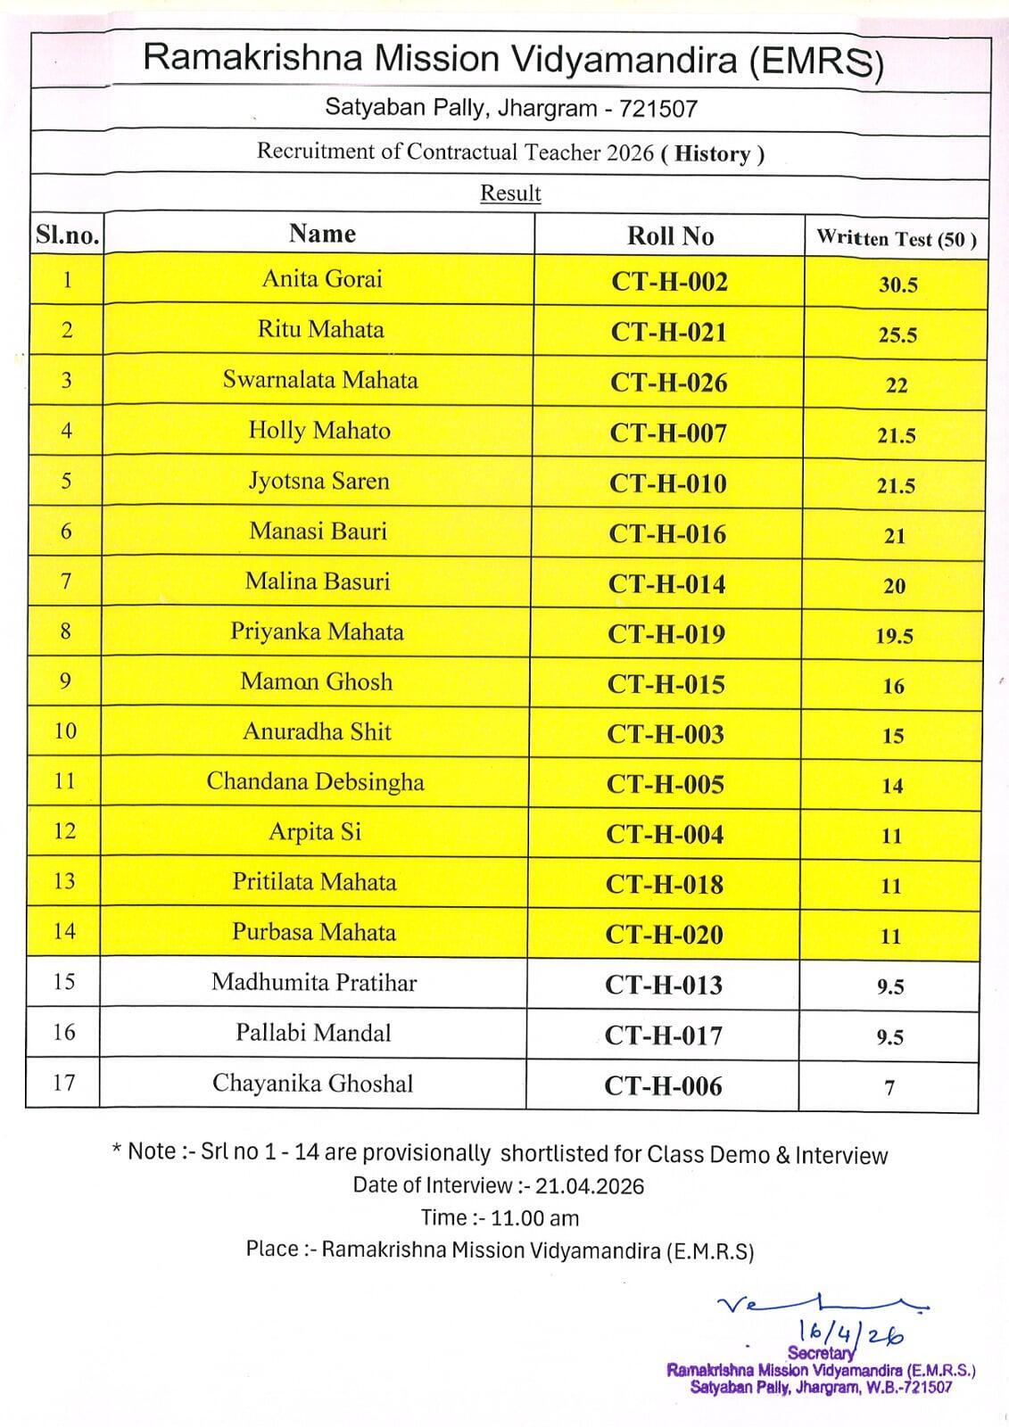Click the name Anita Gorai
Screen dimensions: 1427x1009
322,279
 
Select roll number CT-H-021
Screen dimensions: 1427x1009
669,333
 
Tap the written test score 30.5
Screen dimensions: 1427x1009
897,285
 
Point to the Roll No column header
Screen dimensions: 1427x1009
670,236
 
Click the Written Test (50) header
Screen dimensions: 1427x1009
896,239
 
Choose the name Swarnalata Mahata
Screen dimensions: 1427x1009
320,381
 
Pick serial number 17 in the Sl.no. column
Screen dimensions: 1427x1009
64,1083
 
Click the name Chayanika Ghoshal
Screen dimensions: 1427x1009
313,1084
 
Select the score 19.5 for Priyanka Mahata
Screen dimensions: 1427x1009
894,637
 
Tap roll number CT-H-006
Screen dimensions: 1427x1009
663,1086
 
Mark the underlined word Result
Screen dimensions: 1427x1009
510,194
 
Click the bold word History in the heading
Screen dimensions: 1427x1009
712,153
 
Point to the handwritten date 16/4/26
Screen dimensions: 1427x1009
852,1333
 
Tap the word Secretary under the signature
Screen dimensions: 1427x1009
821,1353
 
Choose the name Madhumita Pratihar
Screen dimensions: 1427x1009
314,983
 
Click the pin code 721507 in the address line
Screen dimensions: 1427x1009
658,109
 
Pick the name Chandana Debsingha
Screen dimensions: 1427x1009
316,782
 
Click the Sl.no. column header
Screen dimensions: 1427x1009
67,235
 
